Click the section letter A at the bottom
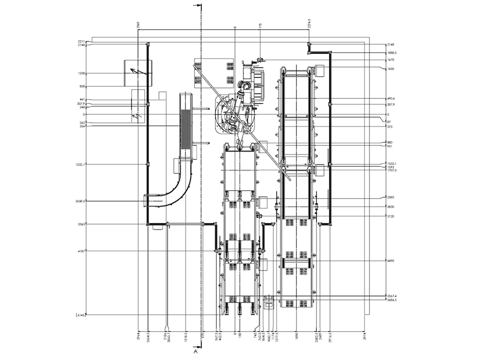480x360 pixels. click(196, 351)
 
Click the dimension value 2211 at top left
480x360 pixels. click(81, 41)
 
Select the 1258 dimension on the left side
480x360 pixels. click(81, 73)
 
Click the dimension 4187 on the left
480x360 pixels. click(81, 251)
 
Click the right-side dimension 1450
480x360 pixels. click(390, 69)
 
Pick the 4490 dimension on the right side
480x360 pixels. click(390, 260)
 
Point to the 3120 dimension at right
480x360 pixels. click(390, 216)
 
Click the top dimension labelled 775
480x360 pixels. click(260, 25)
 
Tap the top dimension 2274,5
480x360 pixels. click(309, 23)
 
